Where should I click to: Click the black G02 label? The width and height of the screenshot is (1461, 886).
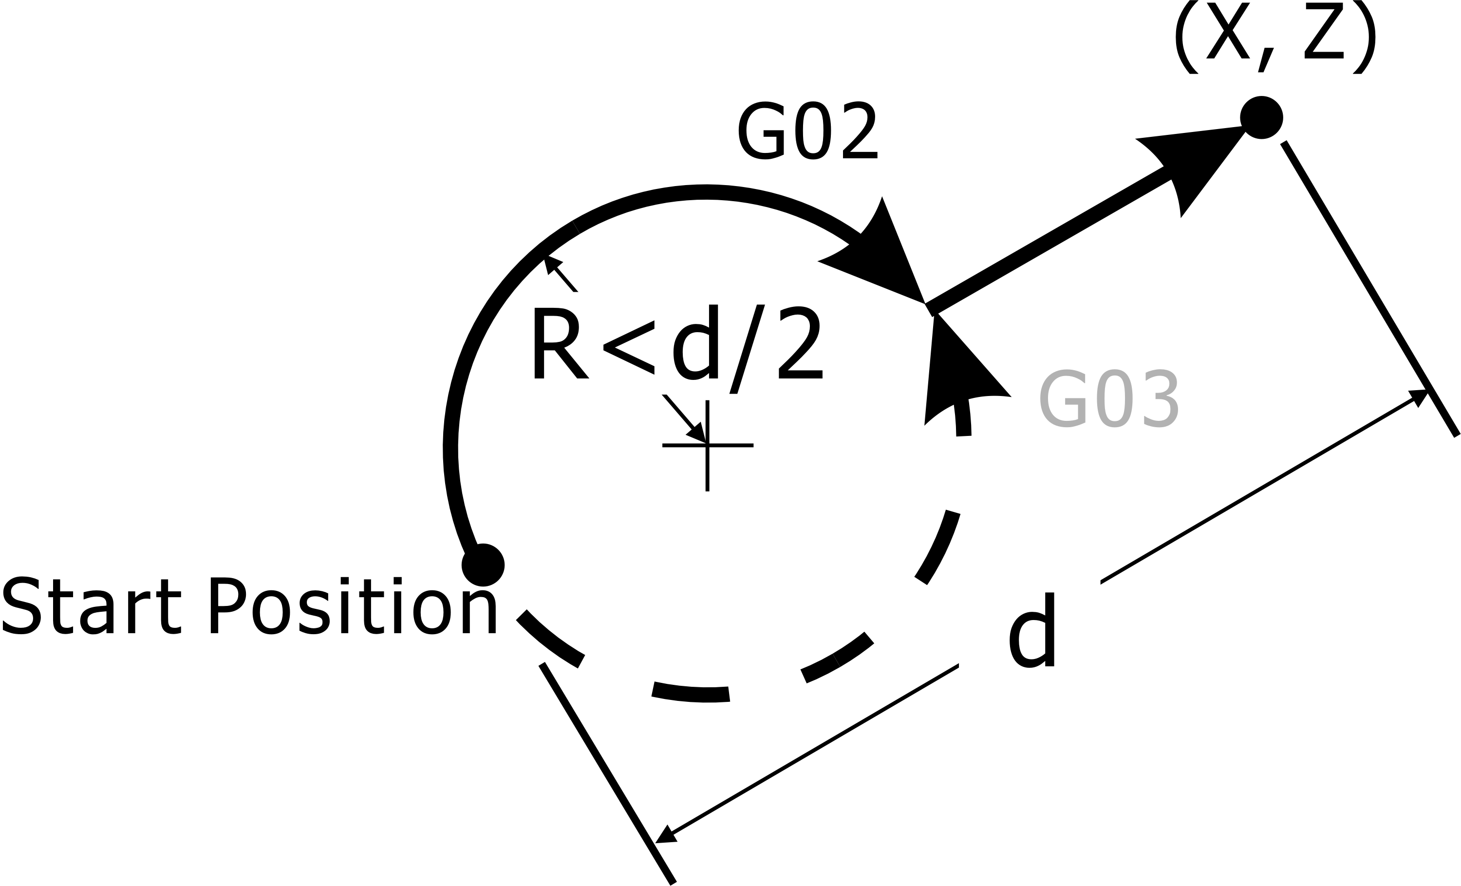pyautogui.click(x=807, y=131)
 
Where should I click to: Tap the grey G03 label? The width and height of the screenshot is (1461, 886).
pyautogui.click(x=1109, y=398)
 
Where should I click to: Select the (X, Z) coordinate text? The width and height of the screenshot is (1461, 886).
pyautogui.click(x=1275, y=38)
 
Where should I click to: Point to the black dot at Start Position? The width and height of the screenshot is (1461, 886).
pyautogui.click(x=483, y=565)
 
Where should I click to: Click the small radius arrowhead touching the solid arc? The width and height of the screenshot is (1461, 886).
pyautogui.click(x=551, y=264)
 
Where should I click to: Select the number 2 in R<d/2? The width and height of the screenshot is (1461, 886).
pyautogui.click(x=800, y=343)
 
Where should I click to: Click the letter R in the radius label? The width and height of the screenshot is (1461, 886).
pyautogui.click(x=559, y=343)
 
